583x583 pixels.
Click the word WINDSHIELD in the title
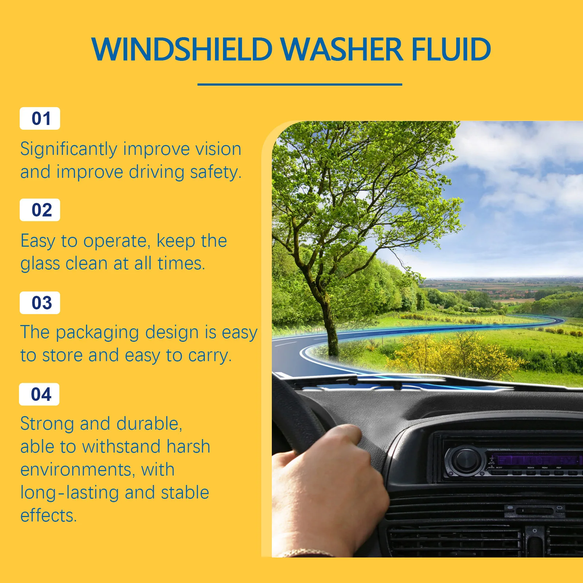coord(182,49)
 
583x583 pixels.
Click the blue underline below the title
coord(300,85)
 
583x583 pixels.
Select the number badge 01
coord(40,118)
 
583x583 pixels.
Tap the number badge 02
coord(40,210)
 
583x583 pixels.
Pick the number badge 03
coord(40,303)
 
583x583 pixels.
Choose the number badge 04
coord(39,394)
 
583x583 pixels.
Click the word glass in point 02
coord(40,264)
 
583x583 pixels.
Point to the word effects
coord(48,515)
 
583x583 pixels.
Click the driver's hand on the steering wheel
coord(328,481)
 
